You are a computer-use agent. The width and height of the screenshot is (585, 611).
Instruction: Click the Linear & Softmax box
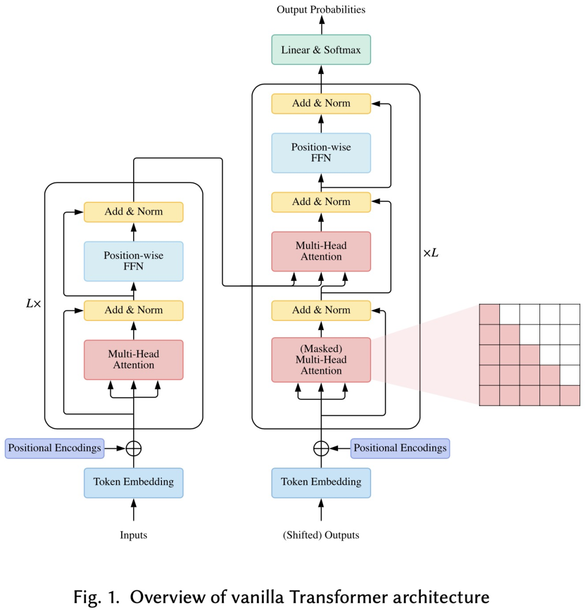[x=321, y=50]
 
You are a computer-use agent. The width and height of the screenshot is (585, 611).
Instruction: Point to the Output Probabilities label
[x=321, y=10]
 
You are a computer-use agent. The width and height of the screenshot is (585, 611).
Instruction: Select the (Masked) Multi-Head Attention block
[x=321, y=360]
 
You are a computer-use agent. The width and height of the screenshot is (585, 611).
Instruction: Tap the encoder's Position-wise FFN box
[x=133, y=261]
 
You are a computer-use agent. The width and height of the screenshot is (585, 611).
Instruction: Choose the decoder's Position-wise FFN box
[x=321, y=153]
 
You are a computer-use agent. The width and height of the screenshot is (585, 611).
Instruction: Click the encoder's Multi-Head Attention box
[x=133, y=360]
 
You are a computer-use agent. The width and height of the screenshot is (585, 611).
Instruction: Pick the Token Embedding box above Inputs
[x=133, y=482]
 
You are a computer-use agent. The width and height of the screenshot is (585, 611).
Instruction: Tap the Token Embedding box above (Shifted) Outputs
[x=321, y=482]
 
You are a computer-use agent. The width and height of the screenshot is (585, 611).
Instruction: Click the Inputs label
[x=133, y=535]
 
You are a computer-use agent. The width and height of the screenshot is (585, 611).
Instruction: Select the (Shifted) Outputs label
[x=321, y=535]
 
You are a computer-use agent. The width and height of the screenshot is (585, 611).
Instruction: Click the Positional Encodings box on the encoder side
[x=54, y=448]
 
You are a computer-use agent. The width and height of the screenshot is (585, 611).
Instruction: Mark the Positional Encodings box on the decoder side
[x=400, y=448]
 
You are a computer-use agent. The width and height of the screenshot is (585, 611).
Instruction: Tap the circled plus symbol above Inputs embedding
[x=133, y=448]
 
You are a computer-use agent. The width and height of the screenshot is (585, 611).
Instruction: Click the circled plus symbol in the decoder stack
[x=321, y=448]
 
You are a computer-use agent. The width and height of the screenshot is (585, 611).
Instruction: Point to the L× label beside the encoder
[x=34, y=304]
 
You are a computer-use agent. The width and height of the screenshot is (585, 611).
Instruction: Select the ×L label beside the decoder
[x=431, y=253]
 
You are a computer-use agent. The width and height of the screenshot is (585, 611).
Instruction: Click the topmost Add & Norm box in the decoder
[x=321, y=103]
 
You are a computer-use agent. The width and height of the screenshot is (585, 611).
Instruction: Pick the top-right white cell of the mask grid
[x=570, y=314]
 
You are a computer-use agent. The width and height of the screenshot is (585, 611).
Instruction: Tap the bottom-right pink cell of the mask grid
[x=570, y=395]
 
